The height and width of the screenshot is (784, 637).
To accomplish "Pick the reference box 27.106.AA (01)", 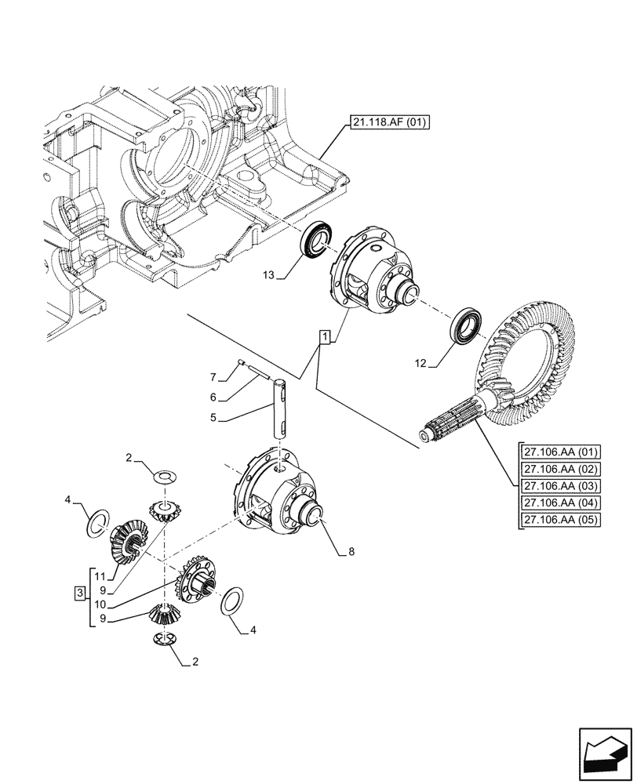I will click(559, 452).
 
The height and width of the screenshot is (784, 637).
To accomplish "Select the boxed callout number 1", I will click(325, 337).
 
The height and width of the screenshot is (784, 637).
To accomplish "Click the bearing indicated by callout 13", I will click(319, 239).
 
